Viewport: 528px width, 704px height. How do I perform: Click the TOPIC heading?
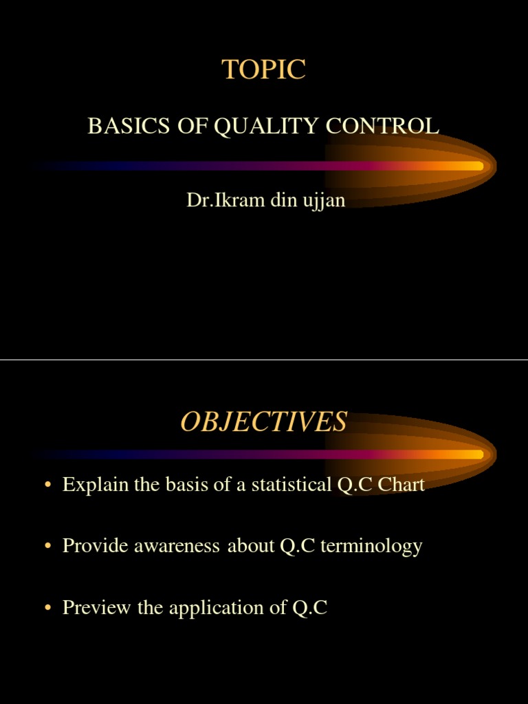(x=264, y=69)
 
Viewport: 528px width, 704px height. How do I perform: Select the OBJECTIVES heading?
(x=264, y=421)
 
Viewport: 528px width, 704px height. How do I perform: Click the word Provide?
(x=89, y=546)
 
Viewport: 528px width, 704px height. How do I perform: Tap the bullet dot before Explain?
(x=47, y=486)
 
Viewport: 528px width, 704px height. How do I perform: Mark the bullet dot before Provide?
(x=47, y=547)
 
